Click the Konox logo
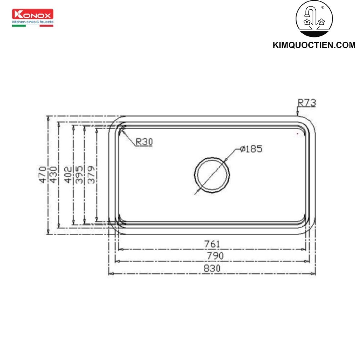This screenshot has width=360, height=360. tap(33, 14)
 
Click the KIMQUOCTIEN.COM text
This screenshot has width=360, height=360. tap(314, 46)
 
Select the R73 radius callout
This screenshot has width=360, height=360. tap(307, 103)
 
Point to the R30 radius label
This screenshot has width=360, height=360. tap(144, 142)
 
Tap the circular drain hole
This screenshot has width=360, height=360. tap(212, 175)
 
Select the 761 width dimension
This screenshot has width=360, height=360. tap(212, 244)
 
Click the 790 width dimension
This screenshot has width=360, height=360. tap(215, 256)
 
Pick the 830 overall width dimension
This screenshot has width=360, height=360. tap(212, 268)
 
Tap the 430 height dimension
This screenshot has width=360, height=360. tap(54, 175)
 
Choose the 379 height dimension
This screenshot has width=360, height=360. tap(91, 175)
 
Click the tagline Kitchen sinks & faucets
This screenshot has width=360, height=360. tap(33, 22)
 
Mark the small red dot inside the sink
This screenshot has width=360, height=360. tap(297, 134)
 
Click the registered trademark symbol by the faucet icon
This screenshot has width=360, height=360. tap(322, 7)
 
